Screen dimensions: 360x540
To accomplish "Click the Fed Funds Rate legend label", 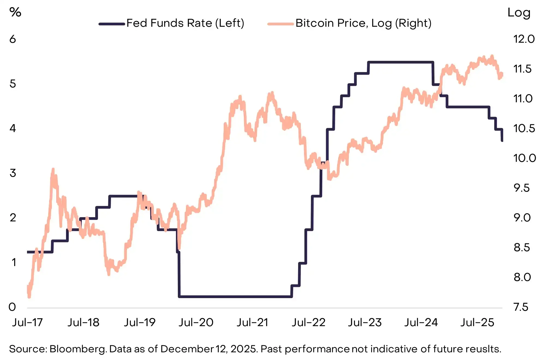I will point(185,23).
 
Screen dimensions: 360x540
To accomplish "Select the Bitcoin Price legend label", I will point(363,23).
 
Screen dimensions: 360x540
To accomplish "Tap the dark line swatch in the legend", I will point(112,24).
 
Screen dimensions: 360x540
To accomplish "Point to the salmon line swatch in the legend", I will point(280,24).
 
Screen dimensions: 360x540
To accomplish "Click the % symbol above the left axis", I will point(15,12).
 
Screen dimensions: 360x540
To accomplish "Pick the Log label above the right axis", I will point(519,13).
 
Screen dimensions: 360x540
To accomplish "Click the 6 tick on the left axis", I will point(13,39).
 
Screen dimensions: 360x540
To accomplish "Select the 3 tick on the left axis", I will point(13,173).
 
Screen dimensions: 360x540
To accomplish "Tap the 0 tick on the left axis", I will point(12,307).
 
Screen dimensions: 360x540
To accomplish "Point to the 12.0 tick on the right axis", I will point(524,39).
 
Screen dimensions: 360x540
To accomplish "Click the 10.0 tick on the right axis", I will point(524,158).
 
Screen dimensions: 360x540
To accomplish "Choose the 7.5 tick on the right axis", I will point(521,307).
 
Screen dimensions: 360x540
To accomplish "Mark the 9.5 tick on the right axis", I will point(521,188).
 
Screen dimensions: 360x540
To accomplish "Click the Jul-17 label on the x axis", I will point(28,323).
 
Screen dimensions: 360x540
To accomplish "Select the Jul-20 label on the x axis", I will point(196,323).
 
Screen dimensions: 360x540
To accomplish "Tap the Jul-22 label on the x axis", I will point(308,323).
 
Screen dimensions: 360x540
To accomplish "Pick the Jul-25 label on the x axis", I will point(477,323).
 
